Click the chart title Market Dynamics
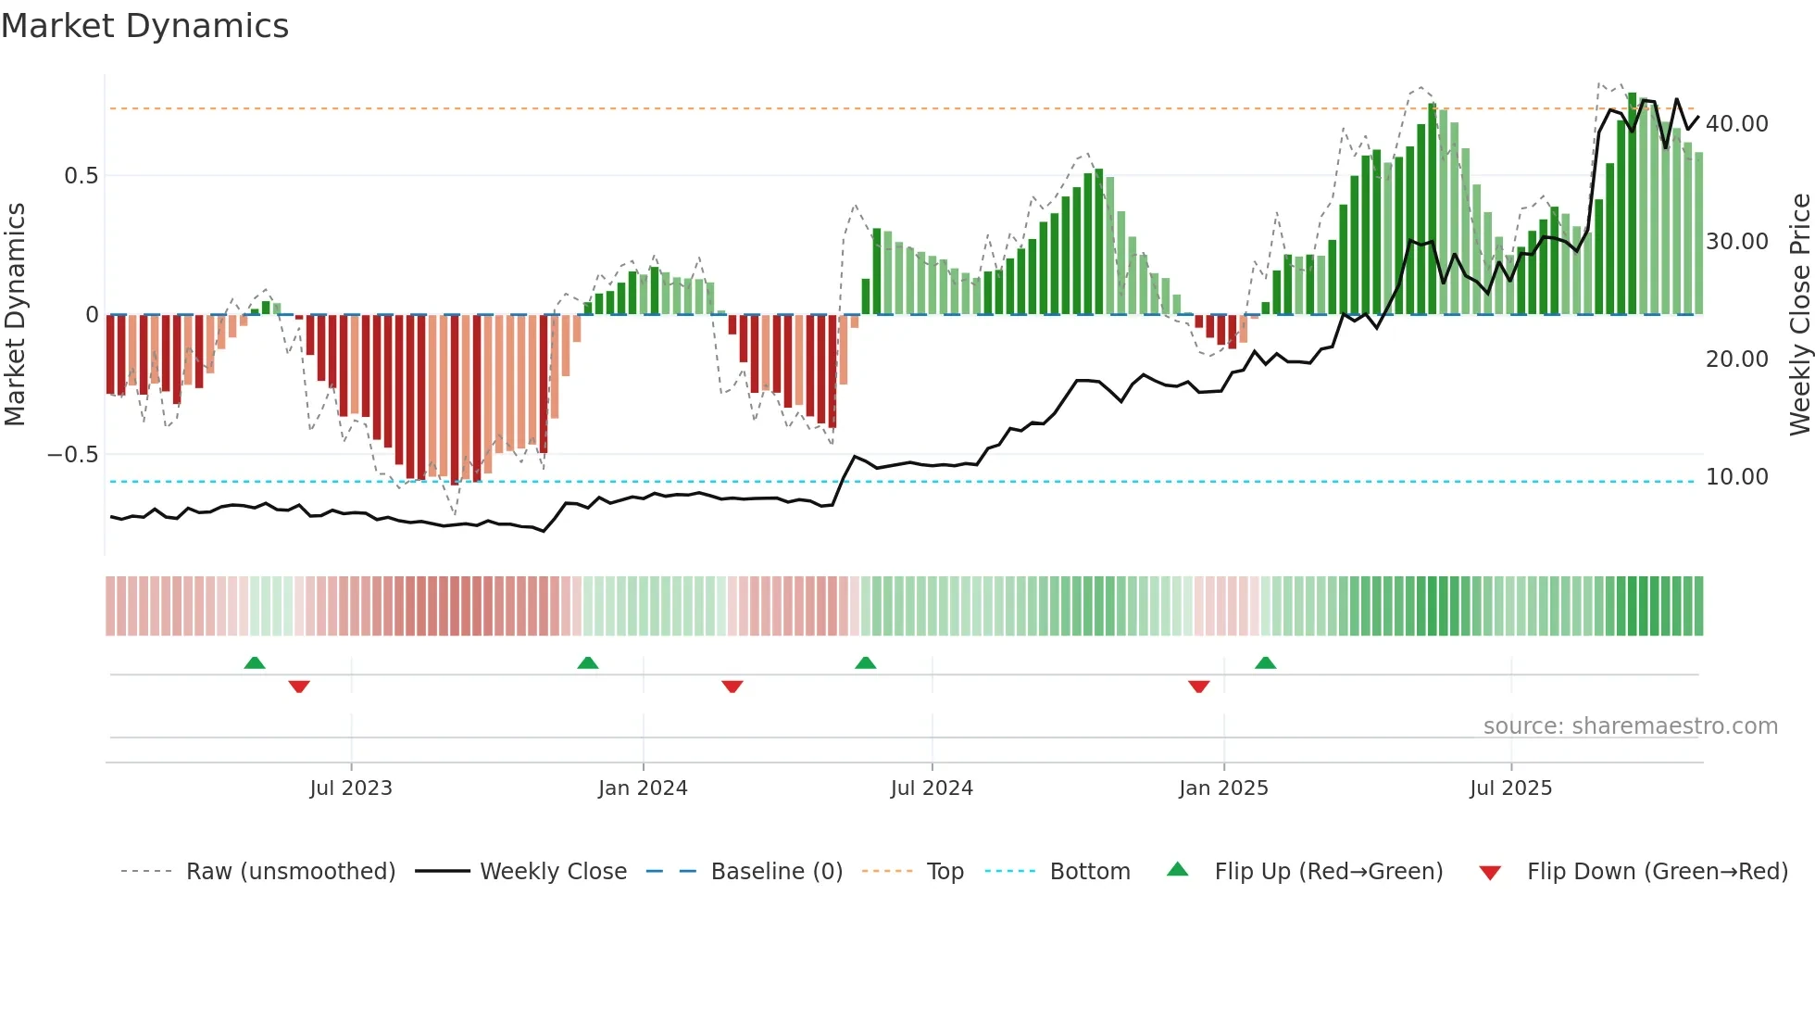(x=144, y=26)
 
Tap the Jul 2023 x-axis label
(x=351, y=788)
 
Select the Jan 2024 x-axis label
(x=643, y=788)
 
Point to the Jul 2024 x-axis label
(x=932, y=788)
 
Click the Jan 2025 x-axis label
(x=1223, y=788)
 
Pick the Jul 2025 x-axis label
(x=1510, y=788)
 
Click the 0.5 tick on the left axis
(x=81, y=176)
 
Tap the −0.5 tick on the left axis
(x=72, y=455)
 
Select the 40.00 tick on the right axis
(x=1737, y=124)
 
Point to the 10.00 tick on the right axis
(x=1737, y=477)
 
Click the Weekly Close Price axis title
(x=1799, y=315)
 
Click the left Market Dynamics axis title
(x=15, y=315)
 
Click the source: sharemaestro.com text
(x=1630, y=726)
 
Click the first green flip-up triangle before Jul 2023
(x=255, y=663)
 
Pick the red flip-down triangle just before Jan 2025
(x=1198, y=687)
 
